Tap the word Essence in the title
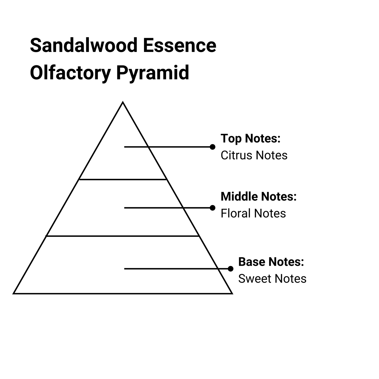pos(180,46)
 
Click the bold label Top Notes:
pos(250,138)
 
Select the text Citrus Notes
pos(254,155)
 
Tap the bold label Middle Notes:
pos(258,196)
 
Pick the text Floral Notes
pos(253,213)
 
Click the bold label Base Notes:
pos(271,262)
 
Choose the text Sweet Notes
pos(272,279)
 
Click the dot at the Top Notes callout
pos(212,147)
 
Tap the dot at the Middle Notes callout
pos(212,208)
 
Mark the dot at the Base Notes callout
pos(231,269)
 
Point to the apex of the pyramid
pos(123,103)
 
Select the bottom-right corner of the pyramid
pos(232,293)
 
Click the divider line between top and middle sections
pos(123,179)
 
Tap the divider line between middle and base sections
pos(123,236)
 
